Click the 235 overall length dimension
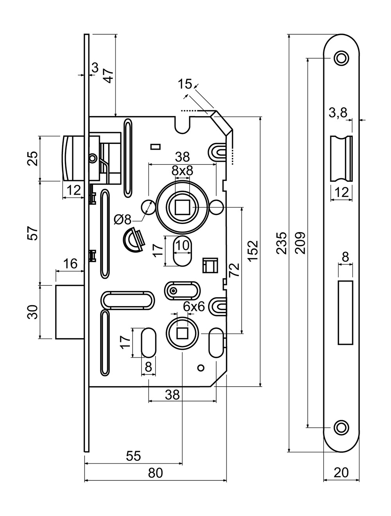click(281, 243)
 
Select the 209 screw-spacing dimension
click(300, 243)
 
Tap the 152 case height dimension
click(253, 251)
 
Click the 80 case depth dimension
click(155, 473)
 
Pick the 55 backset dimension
click(133, 455)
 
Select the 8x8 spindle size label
click(182, 171)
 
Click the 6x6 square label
click(194, 306)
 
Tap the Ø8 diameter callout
click(122, 220)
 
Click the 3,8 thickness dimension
click(338, 113)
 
